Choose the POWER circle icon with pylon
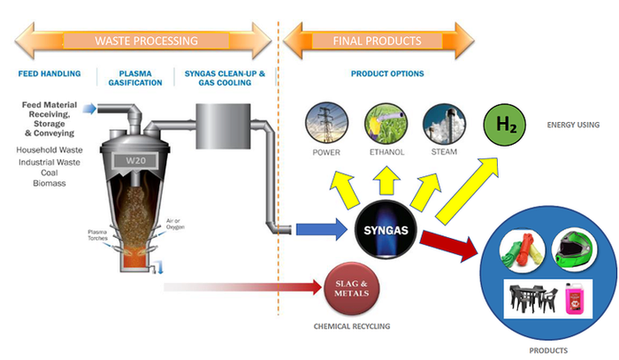[x=325, y=125]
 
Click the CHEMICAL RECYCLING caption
[x=352, y=326]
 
